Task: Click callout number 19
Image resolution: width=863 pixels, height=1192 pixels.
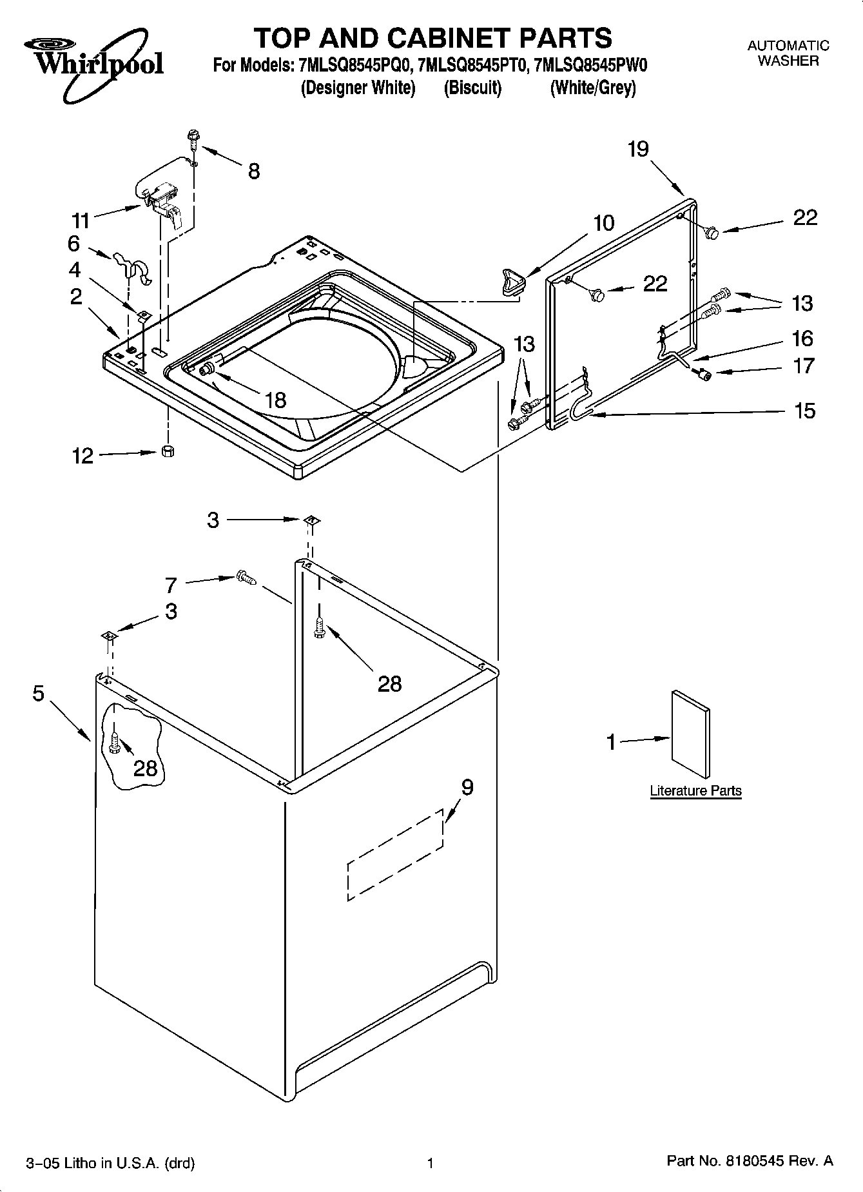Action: tap(637, 150)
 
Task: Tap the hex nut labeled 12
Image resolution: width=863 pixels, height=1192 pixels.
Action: tap(168, 451)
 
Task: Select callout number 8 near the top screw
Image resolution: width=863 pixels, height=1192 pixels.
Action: tap(254, 171)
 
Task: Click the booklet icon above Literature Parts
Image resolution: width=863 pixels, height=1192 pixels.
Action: tap(691, 735)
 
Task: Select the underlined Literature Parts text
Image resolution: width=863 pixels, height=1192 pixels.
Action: tap(695, 791)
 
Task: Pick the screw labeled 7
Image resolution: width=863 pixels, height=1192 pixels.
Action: tap(246, 578)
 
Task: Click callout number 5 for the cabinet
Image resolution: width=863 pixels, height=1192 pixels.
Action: tap(39, 694)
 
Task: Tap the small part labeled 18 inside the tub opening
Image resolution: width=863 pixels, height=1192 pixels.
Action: tap(208, 369)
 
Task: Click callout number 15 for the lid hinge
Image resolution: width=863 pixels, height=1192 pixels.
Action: tap(804, 411)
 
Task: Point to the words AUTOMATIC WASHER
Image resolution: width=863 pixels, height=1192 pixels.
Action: tap(788, 54)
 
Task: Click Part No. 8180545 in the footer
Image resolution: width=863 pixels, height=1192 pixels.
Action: tap(750, 1161)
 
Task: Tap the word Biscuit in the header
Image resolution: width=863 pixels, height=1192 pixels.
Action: tap(472, 88)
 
